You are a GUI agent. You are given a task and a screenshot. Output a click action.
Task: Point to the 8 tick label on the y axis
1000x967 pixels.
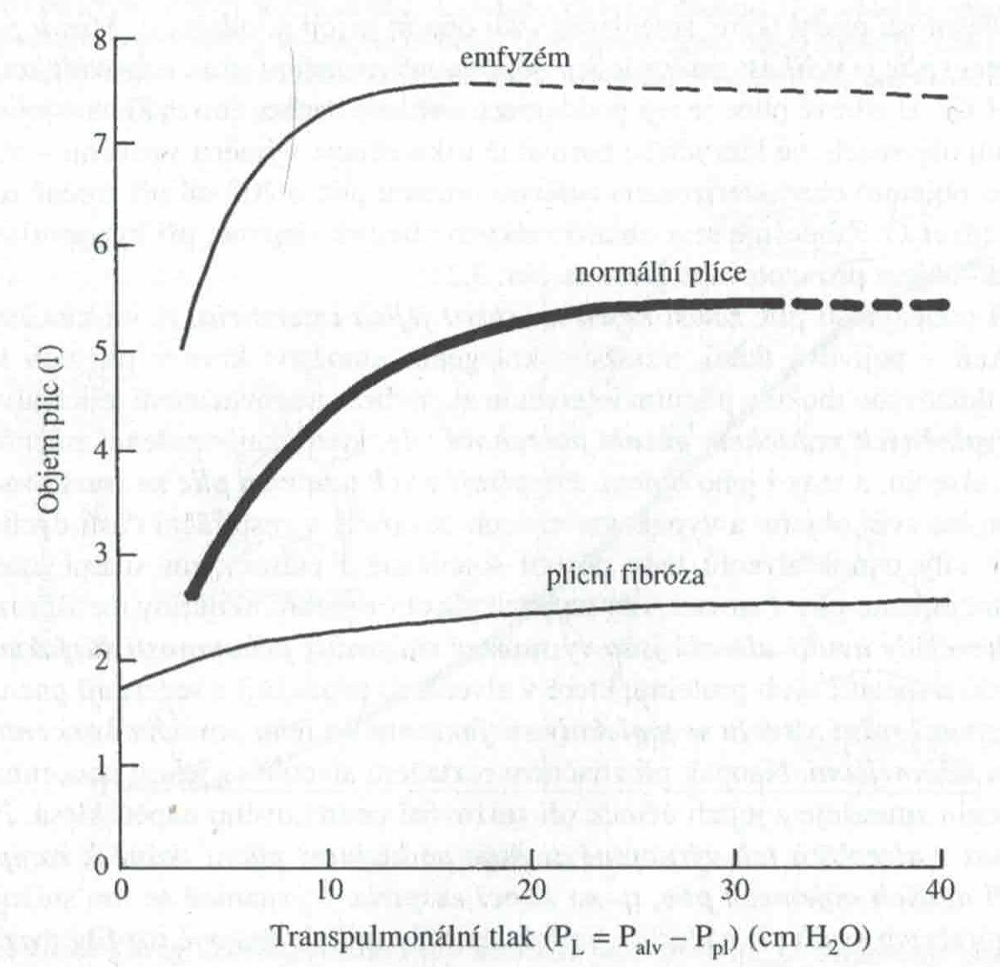click(x=101, y=39)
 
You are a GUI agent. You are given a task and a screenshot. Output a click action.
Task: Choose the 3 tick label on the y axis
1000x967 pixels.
click(x=101, y=556)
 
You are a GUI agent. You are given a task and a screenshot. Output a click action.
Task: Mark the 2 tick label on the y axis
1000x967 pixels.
click(x=101, y=659)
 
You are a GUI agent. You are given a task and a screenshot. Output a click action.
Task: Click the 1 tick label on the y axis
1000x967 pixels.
click(x=101, y=762)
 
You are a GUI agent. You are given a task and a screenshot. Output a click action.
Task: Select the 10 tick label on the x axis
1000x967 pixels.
click(x=329, y=890)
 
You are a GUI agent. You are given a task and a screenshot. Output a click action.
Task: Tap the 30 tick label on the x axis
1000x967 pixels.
click(x=737, y=890)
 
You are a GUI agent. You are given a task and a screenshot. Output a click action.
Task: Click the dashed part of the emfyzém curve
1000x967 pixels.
click(x=711, y=89)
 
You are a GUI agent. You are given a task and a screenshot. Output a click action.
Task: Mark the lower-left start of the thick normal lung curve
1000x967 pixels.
click(x=191, y=593)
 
